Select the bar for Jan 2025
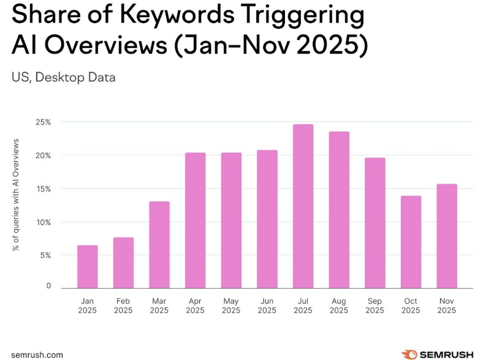pos(87,266)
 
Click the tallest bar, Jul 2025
pos(303,206)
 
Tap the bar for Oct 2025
pos(411,242)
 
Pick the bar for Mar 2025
pos(159,244)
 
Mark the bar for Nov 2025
pos(446,236)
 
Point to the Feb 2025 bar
pos(123,262)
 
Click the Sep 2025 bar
pos(375,223)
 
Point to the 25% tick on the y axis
pos(43,123)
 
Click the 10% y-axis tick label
pos(43,221)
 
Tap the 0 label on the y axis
pos(47,286)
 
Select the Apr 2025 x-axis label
pos(195,305)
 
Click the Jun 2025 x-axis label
pos(267,305)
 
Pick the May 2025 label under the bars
pos(231,305)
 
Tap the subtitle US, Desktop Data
pos(64,77)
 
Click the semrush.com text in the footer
pos(37,354)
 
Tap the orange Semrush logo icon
pos(409,354)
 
